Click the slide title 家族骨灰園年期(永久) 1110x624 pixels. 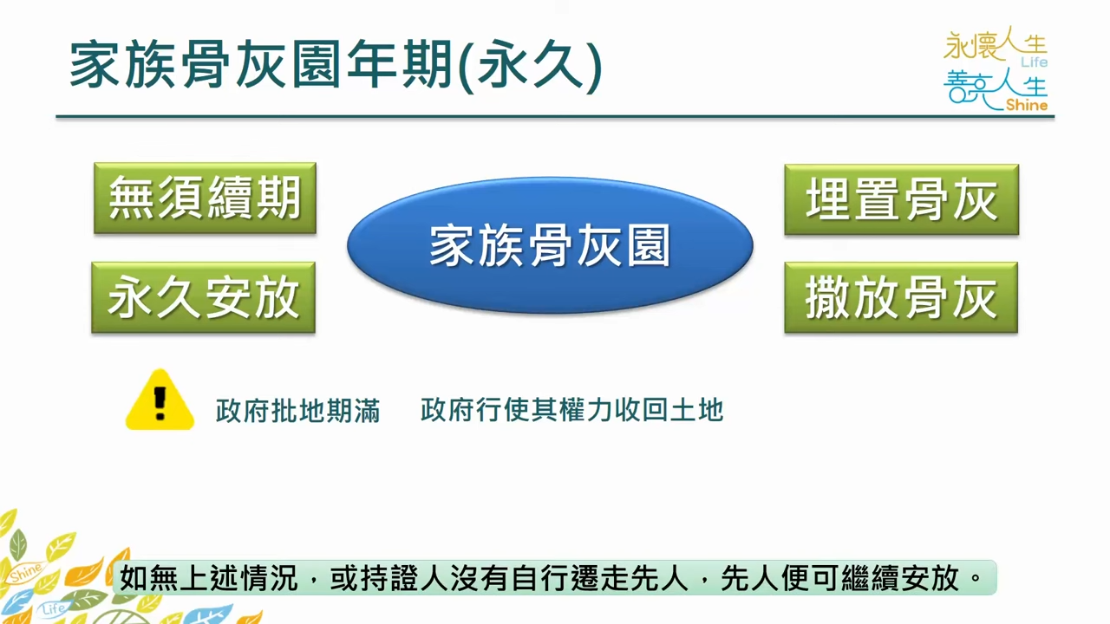pyautogui.click(x=336, y=65)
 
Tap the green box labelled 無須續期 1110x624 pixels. pyautogui.click(x=206, y=198)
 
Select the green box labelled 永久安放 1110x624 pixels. pyautogui.click(x=203, y=297)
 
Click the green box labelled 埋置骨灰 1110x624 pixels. pyautogui.click(x=901, y=199)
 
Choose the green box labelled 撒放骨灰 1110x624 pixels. pyautogui.click(x=901, y=297)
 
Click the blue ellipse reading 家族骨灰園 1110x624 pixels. pyautogui.click(x=550, y=245)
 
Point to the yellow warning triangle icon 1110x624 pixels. pyautogui.click(x=160, y=400)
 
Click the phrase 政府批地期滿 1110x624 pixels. pyautogui.click(x=297, y=411)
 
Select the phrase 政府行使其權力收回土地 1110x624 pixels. pyautogui.click(x=571, y=410)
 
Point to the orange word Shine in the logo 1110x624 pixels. pyautogui.click(x=1026, y=105)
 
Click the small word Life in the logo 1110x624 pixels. pyautogui.click(x=1034, y=62)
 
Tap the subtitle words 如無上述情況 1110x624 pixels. pyautogui.click(x=208, y=578)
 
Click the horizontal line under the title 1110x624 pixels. pyautogui.click(x=555, y=117)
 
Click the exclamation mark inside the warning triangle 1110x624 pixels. pyautogui.click(x=160, y=403)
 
